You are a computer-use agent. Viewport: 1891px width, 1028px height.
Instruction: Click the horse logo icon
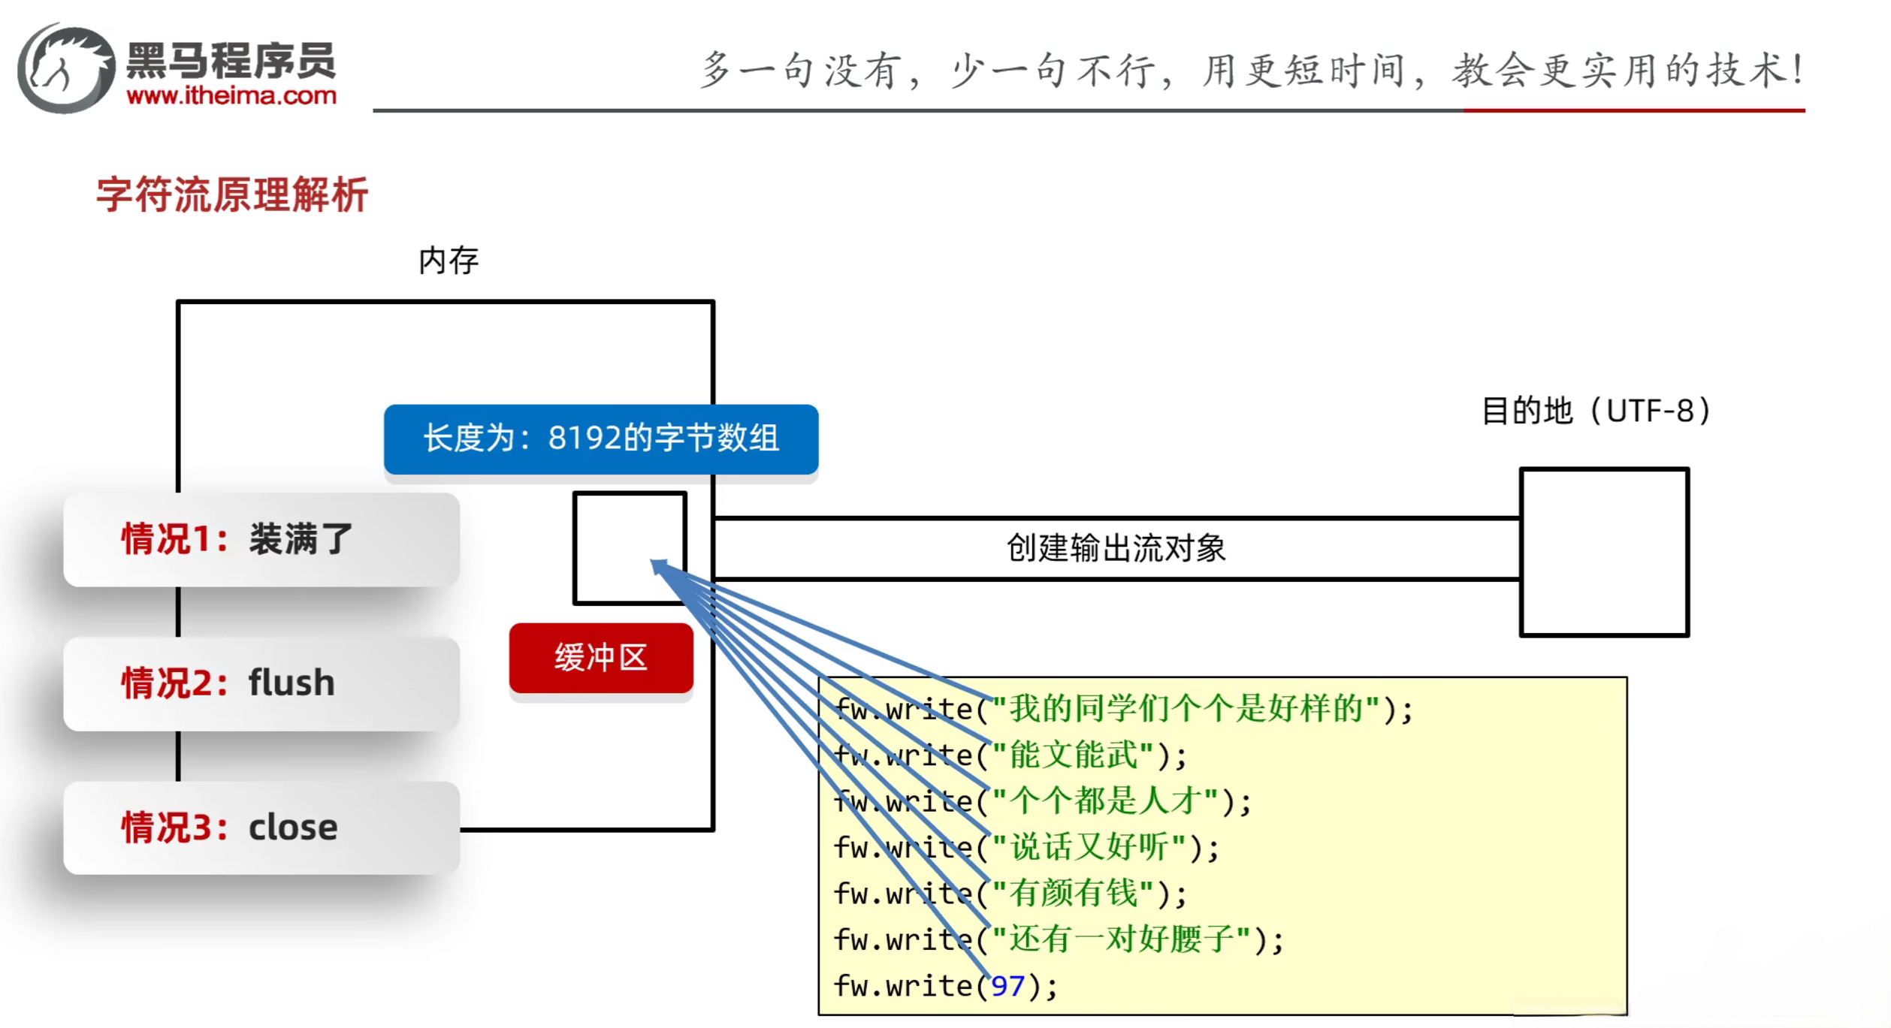(x=66, y=68)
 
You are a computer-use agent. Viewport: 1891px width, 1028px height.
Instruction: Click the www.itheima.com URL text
(x=231, y=96)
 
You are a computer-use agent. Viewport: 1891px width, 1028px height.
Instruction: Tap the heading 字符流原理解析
(x=232, y=195)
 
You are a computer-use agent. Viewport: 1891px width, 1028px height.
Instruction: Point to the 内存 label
(x=449, y=261)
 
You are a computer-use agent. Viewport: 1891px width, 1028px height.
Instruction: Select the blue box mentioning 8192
(x=600, y=439)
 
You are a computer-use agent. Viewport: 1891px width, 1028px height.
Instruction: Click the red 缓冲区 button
(x=600, y=658)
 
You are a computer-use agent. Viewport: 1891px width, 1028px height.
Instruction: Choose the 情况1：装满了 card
(x=261, y=539)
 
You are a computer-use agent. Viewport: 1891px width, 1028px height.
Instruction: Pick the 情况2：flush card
(x=261, y=683)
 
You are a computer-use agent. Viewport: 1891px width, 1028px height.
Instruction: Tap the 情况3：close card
(x=261, y=828)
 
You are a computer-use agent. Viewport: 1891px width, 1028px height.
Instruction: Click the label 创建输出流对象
(x=1116, y=548)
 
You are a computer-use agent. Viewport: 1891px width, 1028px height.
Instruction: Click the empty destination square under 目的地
(x=1604, y=552)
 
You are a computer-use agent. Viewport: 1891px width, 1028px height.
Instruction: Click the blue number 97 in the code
(x=1007, y=986)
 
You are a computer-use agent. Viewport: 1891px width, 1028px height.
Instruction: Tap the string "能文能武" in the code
(x=1074, y=755)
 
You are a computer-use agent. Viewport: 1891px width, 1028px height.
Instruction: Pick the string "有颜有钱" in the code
(x=1074, y=894)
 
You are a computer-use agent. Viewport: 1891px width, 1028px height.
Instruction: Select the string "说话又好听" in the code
(x=1089, y=848)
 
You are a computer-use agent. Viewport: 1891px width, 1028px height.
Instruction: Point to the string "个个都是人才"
(x=1105, y=801)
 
